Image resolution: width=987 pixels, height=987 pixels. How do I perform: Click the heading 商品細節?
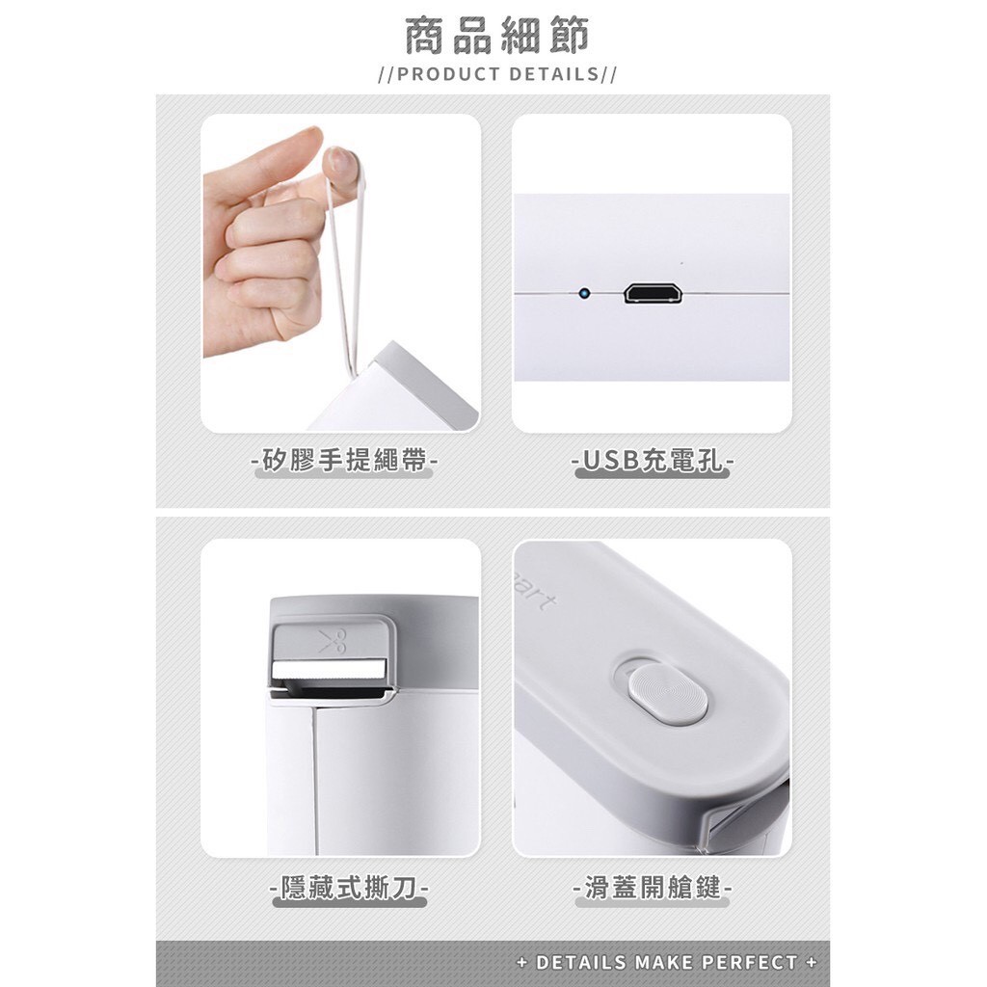496,36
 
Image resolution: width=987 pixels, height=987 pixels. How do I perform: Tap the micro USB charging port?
653,293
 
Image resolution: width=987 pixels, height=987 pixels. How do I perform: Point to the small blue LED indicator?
584,293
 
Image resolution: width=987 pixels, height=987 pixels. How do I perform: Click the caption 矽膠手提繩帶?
344,460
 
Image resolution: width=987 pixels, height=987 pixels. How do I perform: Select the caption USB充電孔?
653,460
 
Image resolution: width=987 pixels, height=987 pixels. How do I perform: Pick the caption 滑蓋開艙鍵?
653,888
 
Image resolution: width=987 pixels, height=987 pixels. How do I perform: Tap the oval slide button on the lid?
667,691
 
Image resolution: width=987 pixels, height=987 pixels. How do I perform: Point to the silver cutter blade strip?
330,669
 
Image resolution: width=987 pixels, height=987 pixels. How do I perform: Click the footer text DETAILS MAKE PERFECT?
667,962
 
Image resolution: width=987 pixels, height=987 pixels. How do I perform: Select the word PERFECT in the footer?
750,962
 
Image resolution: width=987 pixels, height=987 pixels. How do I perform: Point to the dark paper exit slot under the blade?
330,692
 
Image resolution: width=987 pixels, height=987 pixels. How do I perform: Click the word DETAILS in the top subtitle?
554,74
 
